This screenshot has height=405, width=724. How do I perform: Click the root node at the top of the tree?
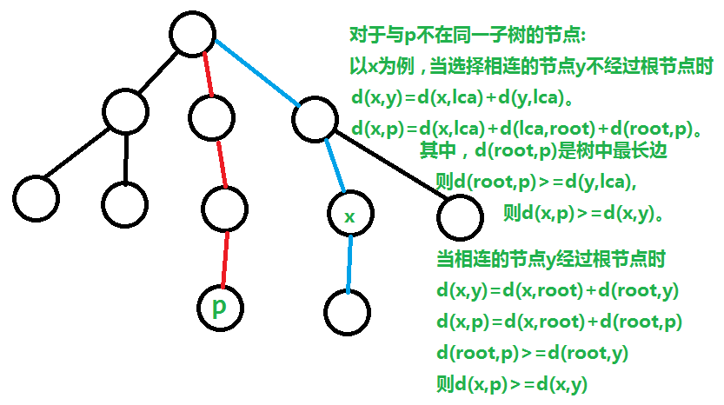pos(192,35)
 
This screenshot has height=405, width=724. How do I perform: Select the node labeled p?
pos(220,309)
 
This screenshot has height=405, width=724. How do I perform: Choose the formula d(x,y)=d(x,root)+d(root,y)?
pos(557,291)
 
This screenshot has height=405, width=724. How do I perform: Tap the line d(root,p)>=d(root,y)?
pos(532,352)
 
